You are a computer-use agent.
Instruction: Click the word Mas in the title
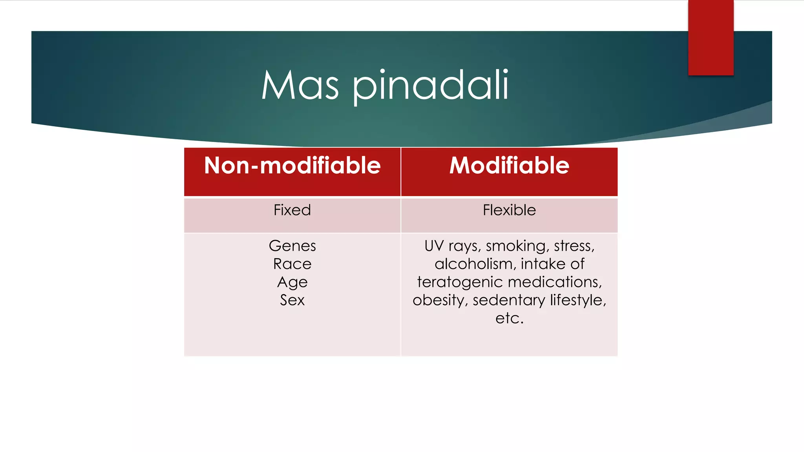pos(300,85)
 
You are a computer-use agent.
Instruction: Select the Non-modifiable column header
pos(292,166)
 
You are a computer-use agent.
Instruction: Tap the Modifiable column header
pos(509,166)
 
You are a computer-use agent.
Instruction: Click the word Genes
pos(292,246)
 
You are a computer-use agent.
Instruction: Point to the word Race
pos(292,264)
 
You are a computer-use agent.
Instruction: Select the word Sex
pos(292,300)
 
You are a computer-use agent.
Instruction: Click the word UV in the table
pos(434,246)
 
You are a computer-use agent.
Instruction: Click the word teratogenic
pos(459,282)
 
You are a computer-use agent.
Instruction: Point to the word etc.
pos(509,318)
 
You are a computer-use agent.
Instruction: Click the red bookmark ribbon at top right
pos(711,37)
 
